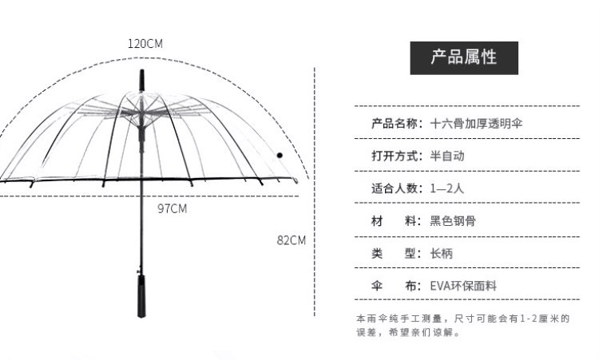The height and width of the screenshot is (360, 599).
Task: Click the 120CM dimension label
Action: [x=145, y=44]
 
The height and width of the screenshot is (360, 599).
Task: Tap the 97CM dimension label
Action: [x=173, y=208]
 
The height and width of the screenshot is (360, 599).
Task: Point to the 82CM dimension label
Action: [x=292, y=240]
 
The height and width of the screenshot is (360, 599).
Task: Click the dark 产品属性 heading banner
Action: [x=464, y=58]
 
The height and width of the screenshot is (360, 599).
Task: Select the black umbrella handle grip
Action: [x=141, y=296]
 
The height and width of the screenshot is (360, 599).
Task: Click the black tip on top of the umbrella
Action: [x=141, y=80]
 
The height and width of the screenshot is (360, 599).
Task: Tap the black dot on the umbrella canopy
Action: [x=280, y=155]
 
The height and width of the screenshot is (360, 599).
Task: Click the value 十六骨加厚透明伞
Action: [x=476, y=123]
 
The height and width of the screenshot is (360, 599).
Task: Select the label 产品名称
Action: [x=395, y=123]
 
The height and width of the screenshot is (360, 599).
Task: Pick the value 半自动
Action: [x=447, y=156]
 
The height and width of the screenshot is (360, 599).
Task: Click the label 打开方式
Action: [x=395, y=156]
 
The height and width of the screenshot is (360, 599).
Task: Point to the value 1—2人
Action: [x=447, y=188]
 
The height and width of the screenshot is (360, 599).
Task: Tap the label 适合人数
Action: [x=395, y=188]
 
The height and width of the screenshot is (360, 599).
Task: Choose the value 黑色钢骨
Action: [x=453, y=220]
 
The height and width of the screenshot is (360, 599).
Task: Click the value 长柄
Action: [x=442, y=253]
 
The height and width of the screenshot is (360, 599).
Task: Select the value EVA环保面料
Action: [x=463, y=286]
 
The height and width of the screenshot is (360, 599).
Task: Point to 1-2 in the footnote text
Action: [x=528, y=318]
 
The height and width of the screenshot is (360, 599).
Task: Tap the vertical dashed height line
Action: [x=315, y=192]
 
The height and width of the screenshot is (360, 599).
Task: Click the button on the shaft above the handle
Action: [x=140, y=271]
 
